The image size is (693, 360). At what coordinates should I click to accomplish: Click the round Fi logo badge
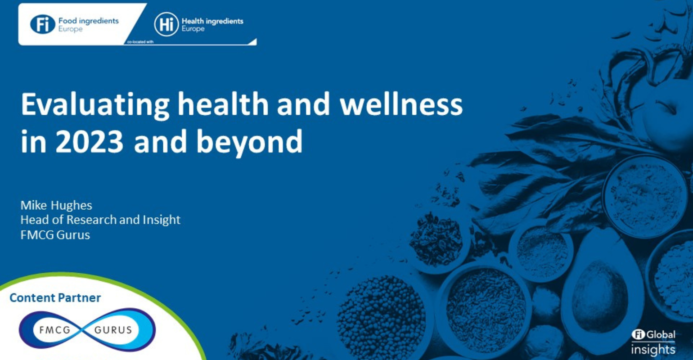[43, 24]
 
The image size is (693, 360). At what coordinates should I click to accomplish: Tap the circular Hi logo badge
[166, 24]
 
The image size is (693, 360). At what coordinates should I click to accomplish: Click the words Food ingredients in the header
[89, 21]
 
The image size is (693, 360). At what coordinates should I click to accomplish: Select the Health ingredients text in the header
[212, 21]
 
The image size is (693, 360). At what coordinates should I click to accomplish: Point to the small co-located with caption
[140, 42]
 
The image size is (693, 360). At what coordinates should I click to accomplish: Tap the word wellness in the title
[401, 104]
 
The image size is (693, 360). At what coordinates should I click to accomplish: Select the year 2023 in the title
[89, 141]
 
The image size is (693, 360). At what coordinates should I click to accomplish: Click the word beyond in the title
[249, 142]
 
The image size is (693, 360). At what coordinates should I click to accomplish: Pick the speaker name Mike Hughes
[56, 205]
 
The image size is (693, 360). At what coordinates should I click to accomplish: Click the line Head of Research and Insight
[100, 220]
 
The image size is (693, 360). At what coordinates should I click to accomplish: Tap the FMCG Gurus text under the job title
[55, 235]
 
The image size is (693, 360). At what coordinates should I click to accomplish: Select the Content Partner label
[55, 298]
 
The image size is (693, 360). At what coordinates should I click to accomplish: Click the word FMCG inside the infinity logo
[55, 330]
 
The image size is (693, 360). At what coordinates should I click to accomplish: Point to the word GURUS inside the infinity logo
[113, 330]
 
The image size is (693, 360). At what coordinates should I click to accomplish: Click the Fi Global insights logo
[653, 343]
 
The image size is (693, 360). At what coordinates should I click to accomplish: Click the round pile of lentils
[381, 316]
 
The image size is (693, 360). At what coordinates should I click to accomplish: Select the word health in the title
[223, 104]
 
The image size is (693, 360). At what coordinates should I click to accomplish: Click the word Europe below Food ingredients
[70, 29]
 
